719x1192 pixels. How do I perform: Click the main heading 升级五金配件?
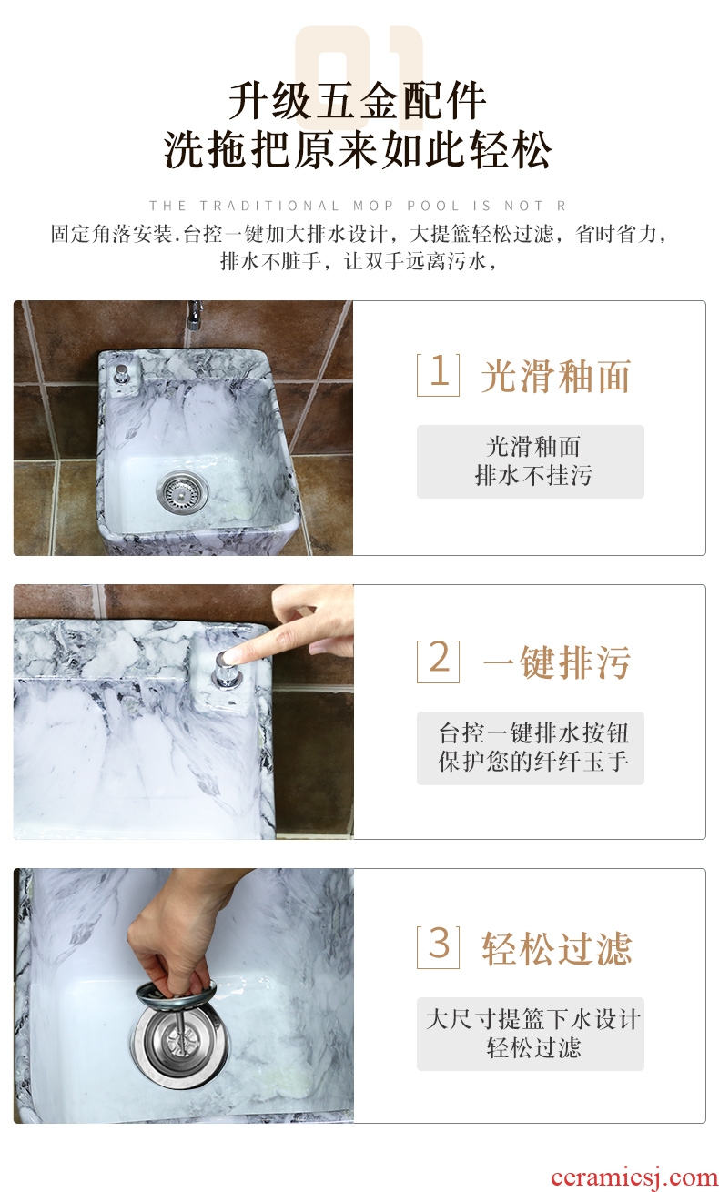357,101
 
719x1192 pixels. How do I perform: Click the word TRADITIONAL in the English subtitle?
269,206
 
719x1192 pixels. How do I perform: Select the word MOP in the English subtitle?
373,206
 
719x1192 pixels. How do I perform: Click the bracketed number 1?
439,374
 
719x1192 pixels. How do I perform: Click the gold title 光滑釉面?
555,376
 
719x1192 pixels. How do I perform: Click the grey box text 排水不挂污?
532,475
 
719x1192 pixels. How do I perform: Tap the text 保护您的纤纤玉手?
533,761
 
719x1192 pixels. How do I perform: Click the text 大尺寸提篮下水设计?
532,1020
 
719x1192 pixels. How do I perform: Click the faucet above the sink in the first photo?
194,315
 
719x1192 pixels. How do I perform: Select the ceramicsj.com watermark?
634,1177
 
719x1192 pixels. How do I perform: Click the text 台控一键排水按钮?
533,733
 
